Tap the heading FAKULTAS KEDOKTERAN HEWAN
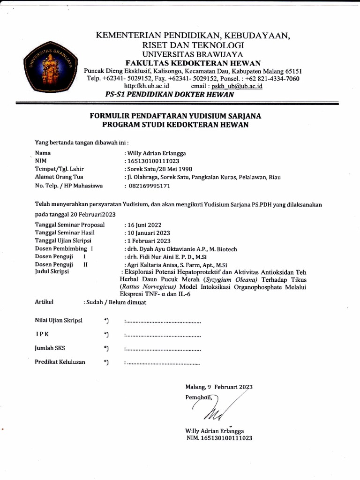193,63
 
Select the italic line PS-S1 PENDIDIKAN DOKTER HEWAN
170,95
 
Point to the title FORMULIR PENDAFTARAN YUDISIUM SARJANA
176,116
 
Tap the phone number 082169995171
150,186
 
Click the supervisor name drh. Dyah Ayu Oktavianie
172,249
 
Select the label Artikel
45,302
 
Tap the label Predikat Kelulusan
60,362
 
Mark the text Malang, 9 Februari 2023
219,387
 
